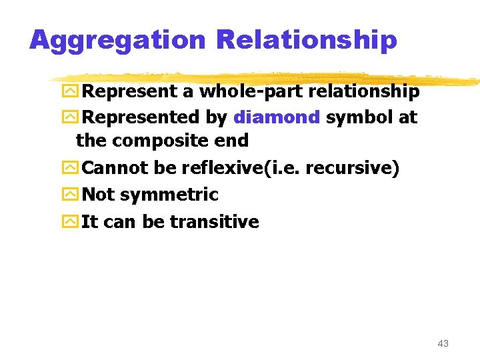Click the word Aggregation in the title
pos(118,41)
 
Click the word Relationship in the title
pos(307,41)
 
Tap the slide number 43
pos(443,343)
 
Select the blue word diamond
pos(277,117)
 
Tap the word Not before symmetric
pos(97,195)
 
